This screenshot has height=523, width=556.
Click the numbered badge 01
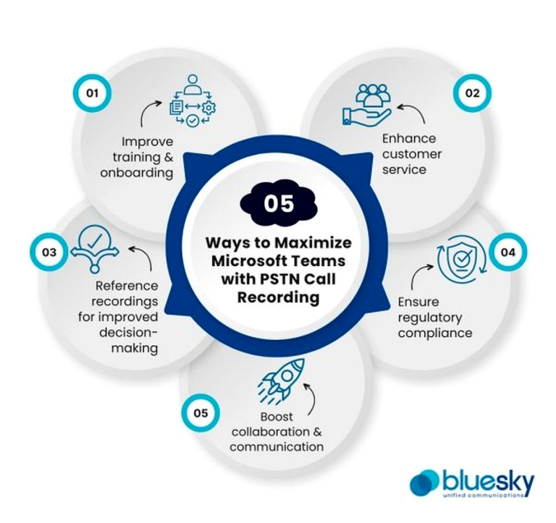[x=92, y=93]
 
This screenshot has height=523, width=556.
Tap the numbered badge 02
[x=472, y=93]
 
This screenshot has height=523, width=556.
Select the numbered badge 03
[x=49, y=252]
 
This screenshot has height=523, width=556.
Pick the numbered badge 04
[x=507, y=252]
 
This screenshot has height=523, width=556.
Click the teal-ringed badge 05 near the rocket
[x=201, y=413]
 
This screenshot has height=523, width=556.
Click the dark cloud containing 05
[x=279, y=204]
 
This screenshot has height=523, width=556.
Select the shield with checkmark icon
[x=461, y=260]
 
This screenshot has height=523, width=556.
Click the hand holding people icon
[x=367, y=105]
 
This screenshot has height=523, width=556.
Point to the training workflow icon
[x=193, y=101]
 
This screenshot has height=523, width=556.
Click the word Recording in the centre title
[x=278, y=297]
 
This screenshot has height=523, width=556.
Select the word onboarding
[x=137, y=173]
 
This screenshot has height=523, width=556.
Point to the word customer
[x=412, y=154]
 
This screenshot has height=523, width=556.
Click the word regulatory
[x=430, y=318]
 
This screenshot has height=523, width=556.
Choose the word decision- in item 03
[x=128, y=332]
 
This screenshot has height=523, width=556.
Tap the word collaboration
[x=266, y=432]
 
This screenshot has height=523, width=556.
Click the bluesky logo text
[x=488, y=481]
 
